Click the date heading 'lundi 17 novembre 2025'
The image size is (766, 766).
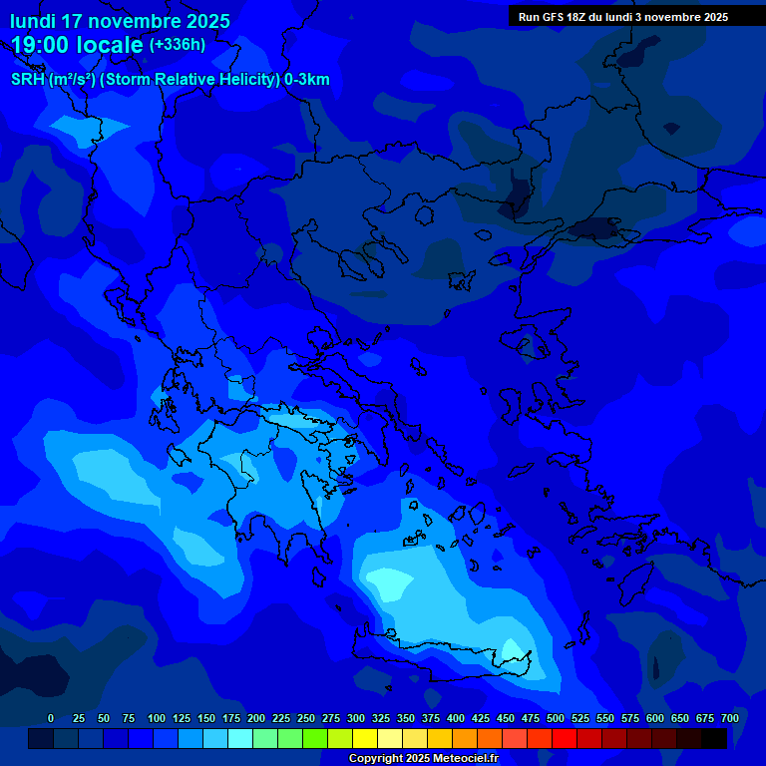pos(120,21)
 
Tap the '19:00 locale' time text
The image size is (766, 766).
pos(78,45)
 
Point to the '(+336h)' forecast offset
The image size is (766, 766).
pos(178,45)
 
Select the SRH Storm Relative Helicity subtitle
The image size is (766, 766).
pos(171,80)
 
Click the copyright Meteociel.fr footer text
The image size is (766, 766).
pos(423,758)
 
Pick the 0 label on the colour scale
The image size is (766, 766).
pos(51,718)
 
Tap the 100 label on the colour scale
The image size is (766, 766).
pos(157,718)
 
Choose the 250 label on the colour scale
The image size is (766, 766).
pos(306,718)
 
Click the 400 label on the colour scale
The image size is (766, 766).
pos(456,718)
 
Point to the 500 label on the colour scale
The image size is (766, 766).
pos(556,718)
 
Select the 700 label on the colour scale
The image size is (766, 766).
pos(730,718)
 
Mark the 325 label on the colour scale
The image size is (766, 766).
pos(381,718)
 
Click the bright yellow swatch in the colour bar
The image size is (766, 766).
pos(365,738)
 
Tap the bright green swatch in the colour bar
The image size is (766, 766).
pos(315,738)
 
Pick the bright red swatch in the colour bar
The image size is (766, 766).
pos(565,738)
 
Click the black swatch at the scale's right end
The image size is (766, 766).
pos(714,738)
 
